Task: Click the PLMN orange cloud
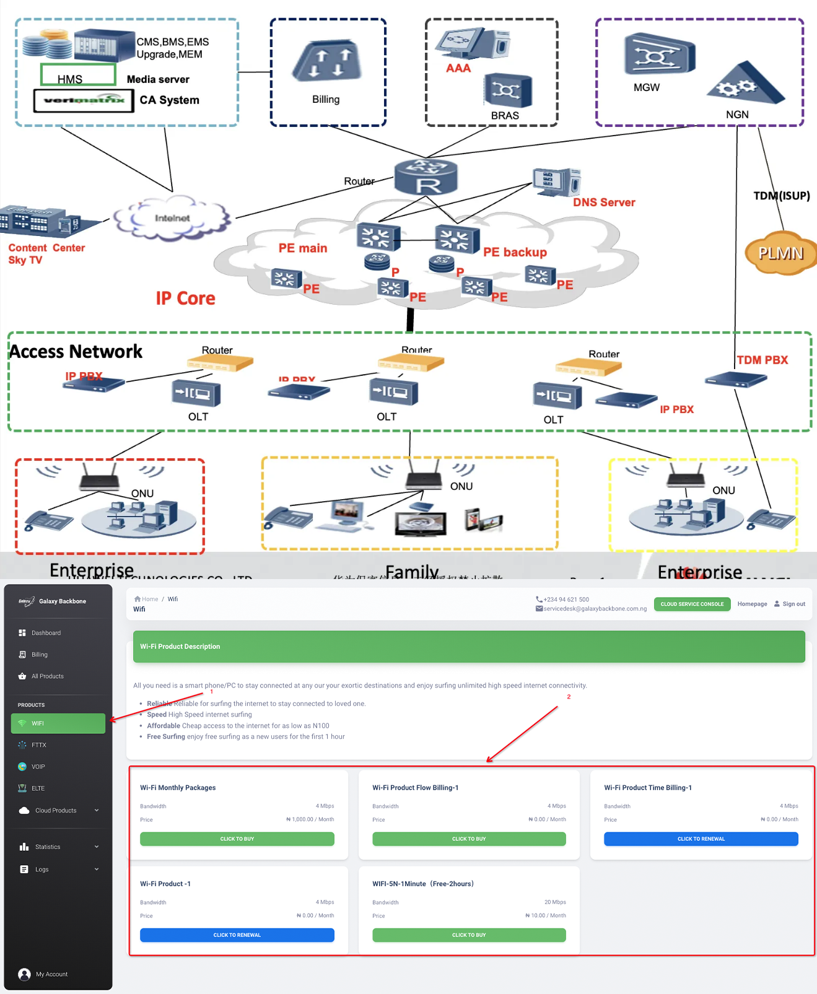[780, 253]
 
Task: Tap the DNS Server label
[604, 203]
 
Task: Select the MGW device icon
[659, 54]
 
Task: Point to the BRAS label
[505, 116]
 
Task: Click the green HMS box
[78, 75]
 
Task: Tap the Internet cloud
[172, 218]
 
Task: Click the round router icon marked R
[426, 177]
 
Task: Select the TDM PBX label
[762, 360]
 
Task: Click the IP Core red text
[186, 299]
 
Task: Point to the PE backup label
[515, 252]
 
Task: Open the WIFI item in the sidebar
[58, 723]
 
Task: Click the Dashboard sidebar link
[46, 633]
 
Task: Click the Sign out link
[793, 604]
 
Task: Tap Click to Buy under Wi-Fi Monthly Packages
[237, 839]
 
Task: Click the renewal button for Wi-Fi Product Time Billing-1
[701, 839]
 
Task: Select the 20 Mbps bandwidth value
[555, 902]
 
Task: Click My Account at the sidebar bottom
[51, 974]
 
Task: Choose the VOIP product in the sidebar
[38, 767]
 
